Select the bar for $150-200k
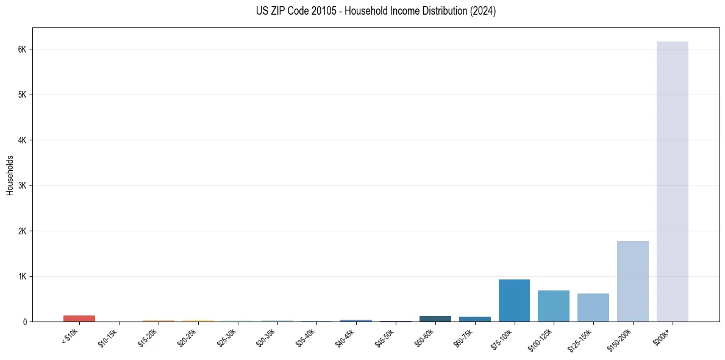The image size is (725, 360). (x=632, y=281)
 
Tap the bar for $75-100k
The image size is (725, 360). (x=514, y=300)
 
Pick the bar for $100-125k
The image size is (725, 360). (x=554, y=306)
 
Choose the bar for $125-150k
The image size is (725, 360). (x=593, y=308)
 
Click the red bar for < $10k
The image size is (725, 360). (x=79, y=319)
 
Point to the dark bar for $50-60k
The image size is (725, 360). (x=435, y=319)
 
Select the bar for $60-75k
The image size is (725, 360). (x=474, y=319)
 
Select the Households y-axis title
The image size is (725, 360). (x=10, y=175)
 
